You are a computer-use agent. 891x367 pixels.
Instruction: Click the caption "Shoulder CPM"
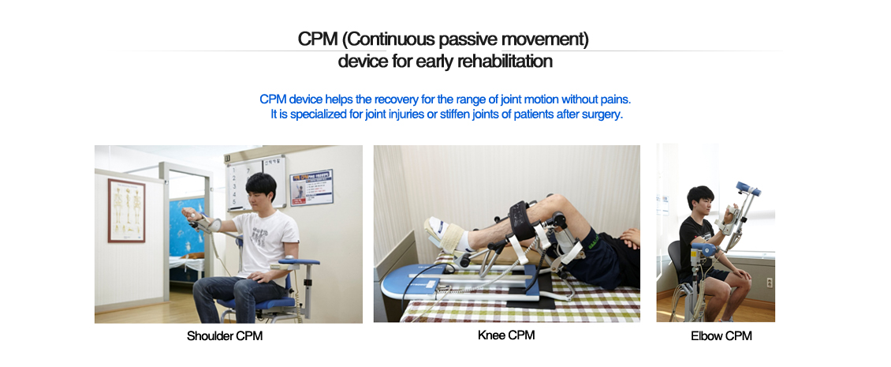tap(225, 335)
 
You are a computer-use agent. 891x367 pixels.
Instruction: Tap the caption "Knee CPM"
tap(506, 335)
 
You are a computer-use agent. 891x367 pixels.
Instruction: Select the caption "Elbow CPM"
tap(721, 335)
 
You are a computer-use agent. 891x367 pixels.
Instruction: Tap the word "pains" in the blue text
tap(615, 99)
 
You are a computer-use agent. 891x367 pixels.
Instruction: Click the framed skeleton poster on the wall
tap(126, 210)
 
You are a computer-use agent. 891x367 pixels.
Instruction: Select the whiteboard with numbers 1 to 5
tap(255, 182)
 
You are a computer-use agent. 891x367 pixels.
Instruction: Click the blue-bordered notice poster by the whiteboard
tap(311, 187)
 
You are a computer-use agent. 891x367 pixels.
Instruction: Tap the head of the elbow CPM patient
tap(699, 199)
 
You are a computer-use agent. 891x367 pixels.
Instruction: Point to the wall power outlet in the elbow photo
tap(770, 283)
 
